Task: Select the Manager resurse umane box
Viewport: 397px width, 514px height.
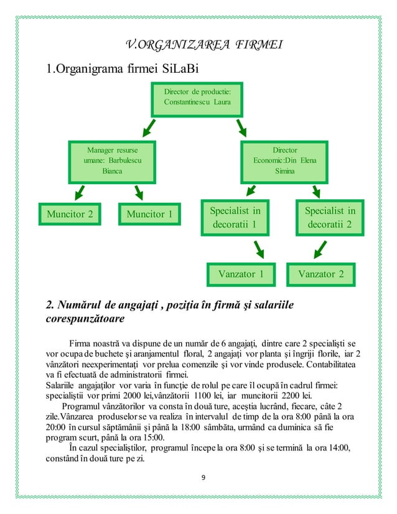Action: [113, 160]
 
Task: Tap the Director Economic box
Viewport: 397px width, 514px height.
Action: [284, 160]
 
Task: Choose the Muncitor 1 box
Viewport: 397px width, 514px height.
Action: [149, 215]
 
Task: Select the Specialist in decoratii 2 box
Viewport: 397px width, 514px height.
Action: [329, 217]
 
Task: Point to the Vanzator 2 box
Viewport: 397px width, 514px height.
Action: [325, 274]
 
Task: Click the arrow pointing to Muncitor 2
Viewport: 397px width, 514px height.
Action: [78, 191]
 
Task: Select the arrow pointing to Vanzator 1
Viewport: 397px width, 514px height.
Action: [256, 250]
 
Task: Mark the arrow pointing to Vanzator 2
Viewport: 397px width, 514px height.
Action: [320, 250]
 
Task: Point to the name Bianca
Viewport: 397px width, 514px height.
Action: [113, 171]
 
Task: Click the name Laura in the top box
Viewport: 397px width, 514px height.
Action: [222, 101]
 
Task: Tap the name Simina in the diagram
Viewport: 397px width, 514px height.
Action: [284, 171]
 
